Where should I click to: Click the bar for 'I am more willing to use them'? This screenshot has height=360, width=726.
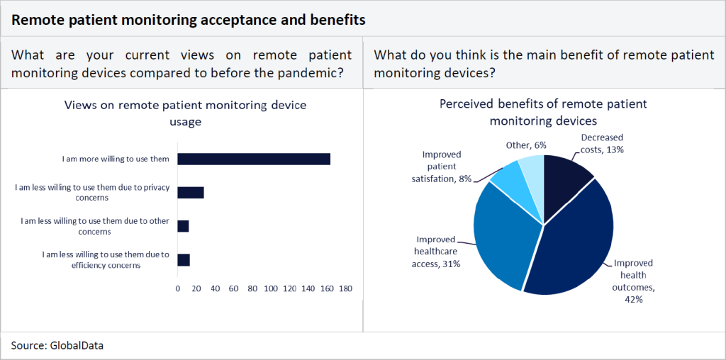click(253, 159)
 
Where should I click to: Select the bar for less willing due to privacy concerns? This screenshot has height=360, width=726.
click(190, 193)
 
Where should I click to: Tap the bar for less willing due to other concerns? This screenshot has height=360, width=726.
click(183, 226)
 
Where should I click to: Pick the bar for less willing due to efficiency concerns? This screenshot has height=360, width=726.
click(183, 259)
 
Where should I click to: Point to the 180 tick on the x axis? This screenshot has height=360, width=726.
click(345, 288)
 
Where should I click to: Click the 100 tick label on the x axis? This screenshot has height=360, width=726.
click(271, 288)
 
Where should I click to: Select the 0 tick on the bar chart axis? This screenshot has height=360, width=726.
click(177, 288)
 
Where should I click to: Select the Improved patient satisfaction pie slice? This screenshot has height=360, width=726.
click(505, 186)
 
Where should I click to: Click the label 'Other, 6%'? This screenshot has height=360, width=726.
click(525, 145)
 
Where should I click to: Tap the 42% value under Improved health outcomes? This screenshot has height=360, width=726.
click(633, 299)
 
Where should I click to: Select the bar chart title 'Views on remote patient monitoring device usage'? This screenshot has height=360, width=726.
click(185, 113)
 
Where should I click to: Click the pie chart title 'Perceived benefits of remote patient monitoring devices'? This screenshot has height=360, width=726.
click(543, 112)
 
